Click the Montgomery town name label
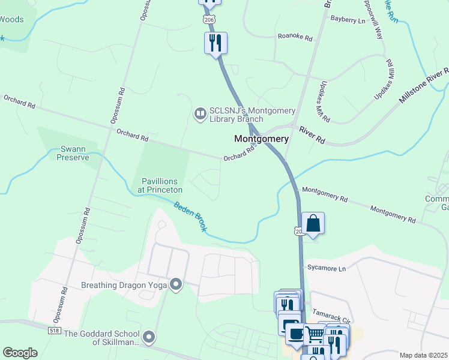(261, 139)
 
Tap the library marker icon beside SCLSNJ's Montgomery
(199, 113)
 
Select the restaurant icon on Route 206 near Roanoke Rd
(215, 43)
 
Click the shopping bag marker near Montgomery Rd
(313, 224)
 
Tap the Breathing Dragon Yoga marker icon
(176, 283)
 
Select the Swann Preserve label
(73, 153)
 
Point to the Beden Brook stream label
(191, 217)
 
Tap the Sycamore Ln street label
(327, 268)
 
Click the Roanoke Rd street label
(295, 37)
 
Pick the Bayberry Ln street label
(348, 20)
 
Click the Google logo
(20, 353)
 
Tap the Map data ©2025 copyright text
(423, 355)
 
